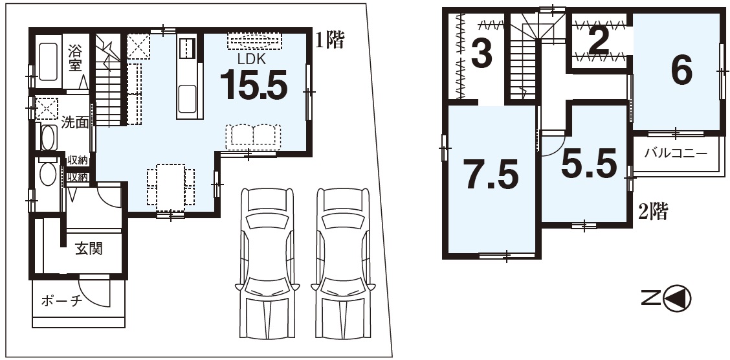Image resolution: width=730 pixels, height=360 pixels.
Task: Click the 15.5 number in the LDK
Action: coord(254,85)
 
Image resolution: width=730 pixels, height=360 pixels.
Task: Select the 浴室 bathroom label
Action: coord(75,57)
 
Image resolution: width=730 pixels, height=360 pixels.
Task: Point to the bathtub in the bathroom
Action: coord(48,62)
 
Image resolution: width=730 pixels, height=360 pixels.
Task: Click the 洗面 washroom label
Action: coord(75,122)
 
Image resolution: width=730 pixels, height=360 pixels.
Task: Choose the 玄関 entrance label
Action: coord(89,249)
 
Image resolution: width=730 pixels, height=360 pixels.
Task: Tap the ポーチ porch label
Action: coord(62,301)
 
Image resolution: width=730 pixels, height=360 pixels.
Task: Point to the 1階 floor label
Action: coord(329,41)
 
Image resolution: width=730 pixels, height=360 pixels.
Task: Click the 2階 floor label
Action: coord(653,212)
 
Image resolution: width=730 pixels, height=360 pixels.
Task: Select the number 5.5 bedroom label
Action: coord(589,164)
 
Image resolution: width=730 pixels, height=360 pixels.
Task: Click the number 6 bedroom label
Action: coord(681,72)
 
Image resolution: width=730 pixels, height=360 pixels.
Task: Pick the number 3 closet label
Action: coord(482,53)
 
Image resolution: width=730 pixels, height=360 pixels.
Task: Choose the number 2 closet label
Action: coord(599,43)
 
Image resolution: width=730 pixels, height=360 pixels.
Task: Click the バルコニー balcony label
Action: coord(676,153)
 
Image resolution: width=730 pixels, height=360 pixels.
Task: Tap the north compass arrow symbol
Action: coord(677,298)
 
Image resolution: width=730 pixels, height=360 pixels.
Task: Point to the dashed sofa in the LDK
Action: coord(253,136)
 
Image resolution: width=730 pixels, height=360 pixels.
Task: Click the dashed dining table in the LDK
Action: coord(170,187)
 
